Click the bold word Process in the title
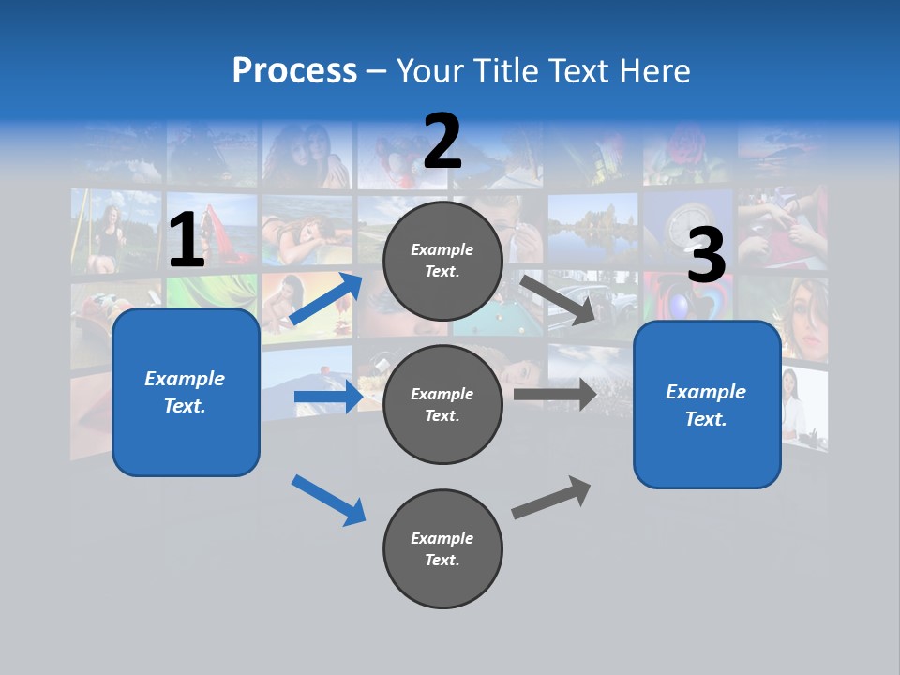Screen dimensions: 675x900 click(x=294, y=70)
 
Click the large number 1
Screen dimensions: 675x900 click(x=187, y=240)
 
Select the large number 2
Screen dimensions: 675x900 click(x=442, y=141)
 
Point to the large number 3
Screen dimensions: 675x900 click(x=706, y=255)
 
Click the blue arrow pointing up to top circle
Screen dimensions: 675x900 click(x=327, y=299)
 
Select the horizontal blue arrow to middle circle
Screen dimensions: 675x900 click(x=328, y=397)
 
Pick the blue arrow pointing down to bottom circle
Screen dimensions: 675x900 click(x=329, y=500)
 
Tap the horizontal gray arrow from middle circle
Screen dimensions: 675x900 click(x=554, y=395)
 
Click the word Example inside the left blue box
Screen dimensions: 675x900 click(x=185, y=379)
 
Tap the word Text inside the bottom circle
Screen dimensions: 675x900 click(x=442, y=560)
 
